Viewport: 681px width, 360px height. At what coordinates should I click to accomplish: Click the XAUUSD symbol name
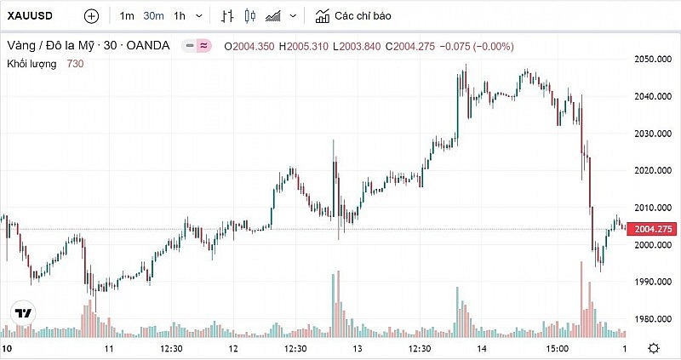point(31,16)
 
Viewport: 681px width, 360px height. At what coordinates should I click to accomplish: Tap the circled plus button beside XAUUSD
point(91,16)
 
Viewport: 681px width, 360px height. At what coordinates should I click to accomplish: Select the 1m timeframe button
point(126,16)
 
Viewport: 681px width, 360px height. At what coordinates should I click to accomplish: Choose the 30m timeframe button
point(153,16)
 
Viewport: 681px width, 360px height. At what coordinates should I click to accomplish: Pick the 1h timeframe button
point(179,16)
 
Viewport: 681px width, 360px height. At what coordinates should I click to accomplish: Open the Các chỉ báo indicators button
point(354,16)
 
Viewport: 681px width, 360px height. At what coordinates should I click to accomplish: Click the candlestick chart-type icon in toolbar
point(249,16)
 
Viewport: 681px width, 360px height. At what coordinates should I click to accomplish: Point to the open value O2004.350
point(249,45)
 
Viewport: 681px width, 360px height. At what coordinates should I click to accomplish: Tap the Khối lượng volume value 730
point(75,63)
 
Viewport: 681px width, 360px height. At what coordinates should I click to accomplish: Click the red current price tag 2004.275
point(652,229)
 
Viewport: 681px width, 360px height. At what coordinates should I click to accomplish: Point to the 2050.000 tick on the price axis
point(652,59)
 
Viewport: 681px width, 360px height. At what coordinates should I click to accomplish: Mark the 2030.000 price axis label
point(652,134)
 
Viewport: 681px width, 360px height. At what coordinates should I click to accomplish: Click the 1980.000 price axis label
point(652,319)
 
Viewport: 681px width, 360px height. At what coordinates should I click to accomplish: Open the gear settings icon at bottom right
point(654,348)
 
